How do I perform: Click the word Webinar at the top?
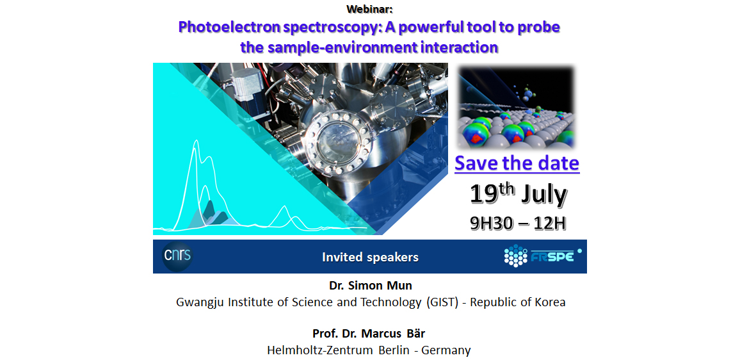(369, 8)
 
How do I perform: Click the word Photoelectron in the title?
(223, 27)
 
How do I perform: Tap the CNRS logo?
(177, 256)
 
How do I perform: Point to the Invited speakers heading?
(370, 257)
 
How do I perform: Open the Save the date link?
(517, 163)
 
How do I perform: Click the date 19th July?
(518, 195)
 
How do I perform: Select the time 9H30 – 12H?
(518, 223)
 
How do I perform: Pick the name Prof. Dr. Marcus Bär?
(369, 334)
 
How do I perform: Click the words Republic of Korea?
(518, 302)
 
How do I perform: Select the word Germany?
(446, 350)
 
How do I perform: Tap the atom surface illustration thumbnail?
(517, 108)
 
